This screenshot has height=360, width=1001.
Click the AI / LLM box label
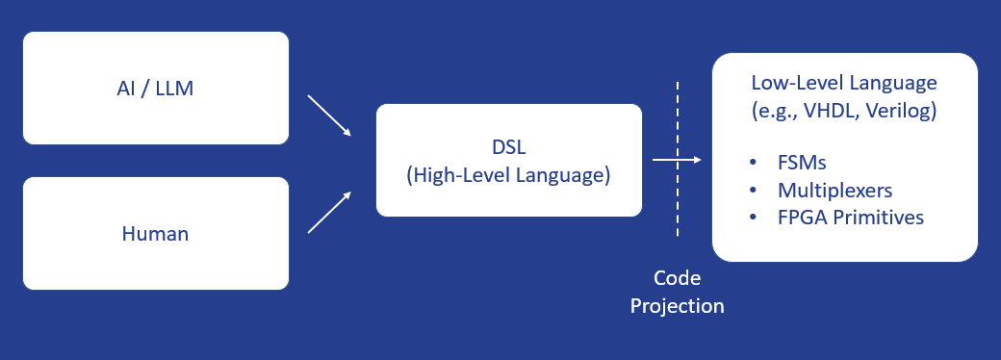tap(155, 89)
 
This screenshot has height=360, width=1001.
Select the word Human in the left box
tap(155, 233)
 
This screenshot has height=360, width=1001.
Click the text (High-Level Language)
tap(508, 175)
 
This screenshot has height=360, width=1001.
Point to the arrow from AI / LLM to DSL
tap(329, 116)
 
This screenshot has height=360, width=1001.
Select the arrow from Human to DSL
tap(329, 212)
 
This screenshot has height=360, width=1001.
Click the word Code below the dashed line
tap(677, 279)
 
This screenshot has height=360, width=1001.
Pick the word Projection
tap(677, 306)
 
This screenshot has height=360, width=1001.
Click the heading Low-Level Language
tap(844, 84)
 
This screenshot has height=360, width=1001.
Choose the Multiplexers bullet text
tap(834, 188)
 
